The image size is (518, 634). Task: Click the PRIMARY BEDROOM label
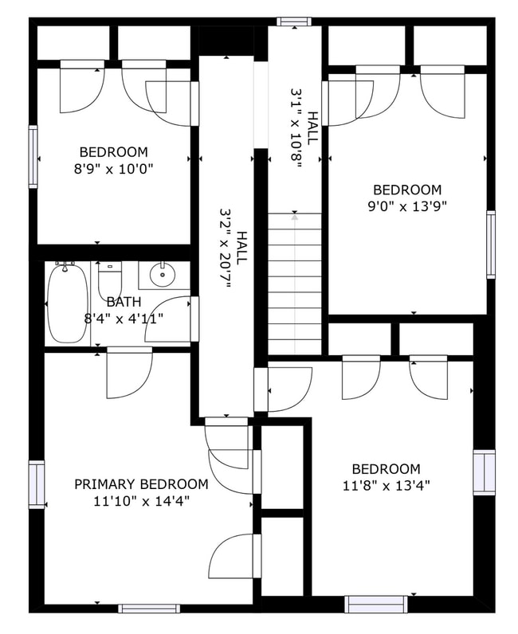click(141, 484)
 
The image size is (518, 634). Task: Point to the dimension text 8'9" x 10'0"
click(113, 168)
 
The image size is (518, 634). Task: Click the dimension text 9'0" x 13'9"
click(407, 206)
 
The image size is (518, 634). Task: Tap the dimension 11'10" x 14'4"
click(141, 501)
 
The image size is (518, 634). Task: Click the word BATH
click(124, 303)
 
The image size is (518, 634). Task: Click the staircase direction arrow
click(295, 215)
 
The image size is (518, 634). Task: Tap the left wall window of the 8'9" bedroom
click(33, 156)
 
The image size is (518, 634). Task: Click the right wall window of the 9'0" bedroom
click(491, 244)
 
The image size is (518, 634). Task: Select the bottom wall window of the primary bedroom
click(148, 609)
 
